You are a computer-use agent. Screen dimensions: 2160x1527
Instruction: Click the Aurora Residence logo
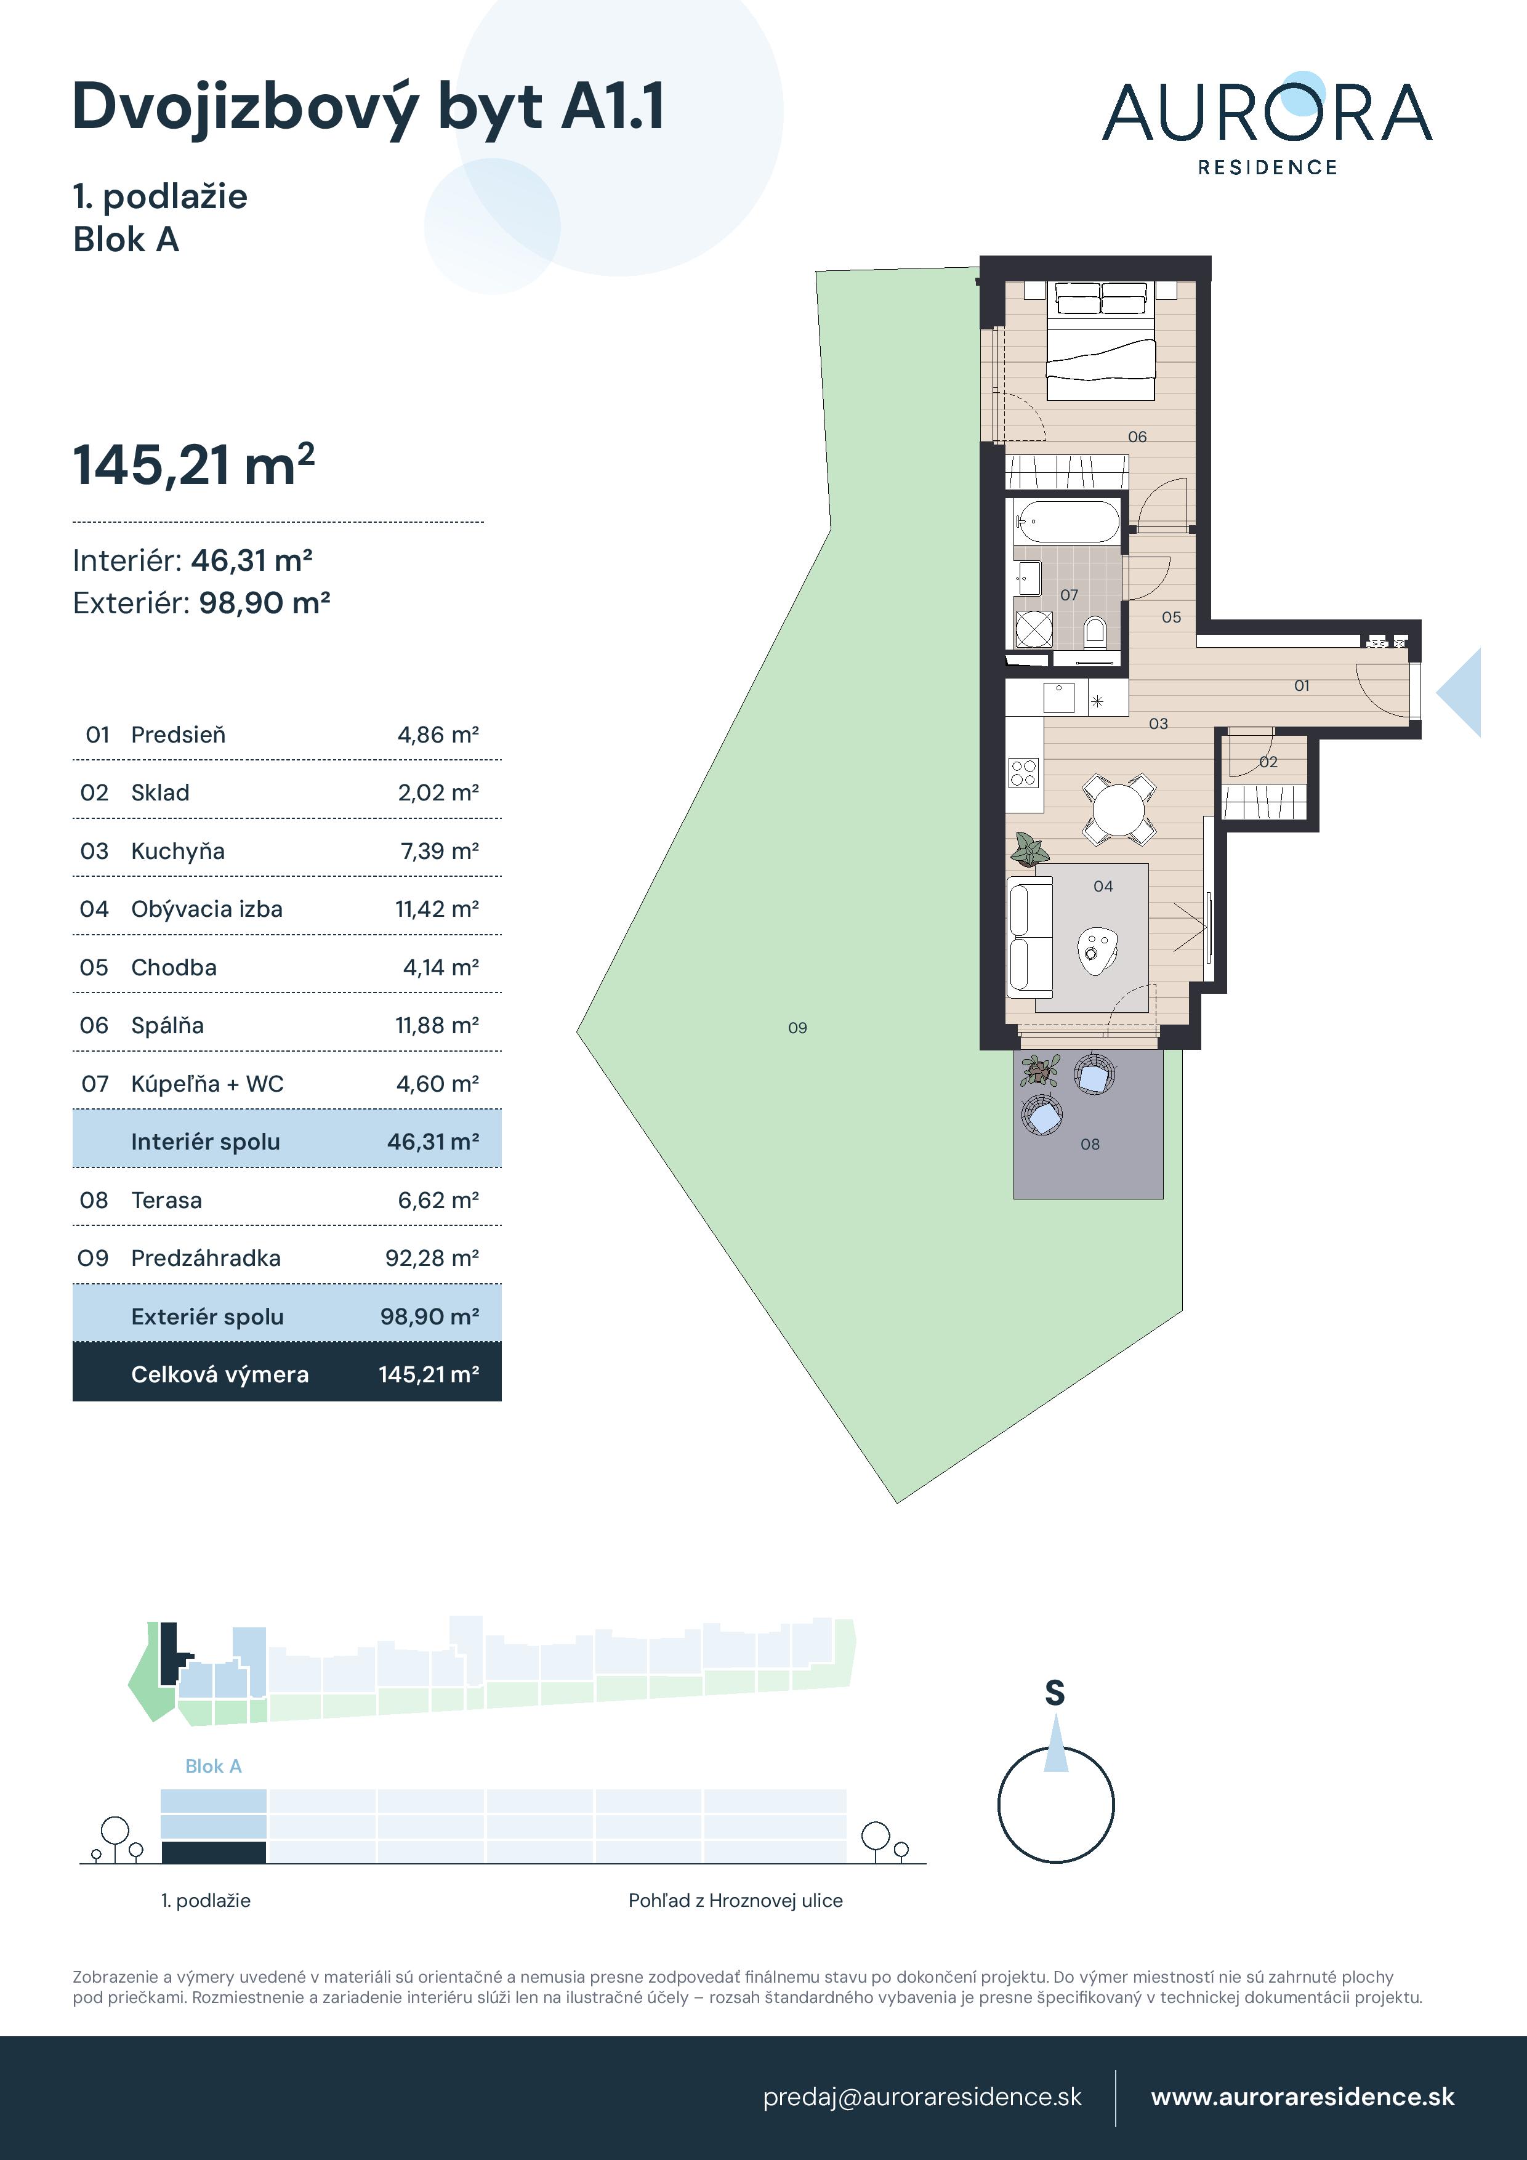(x=1267, y=123)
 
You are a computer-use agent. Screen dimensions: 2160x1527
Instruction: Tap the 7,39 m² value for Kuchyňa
(x=438, y=852)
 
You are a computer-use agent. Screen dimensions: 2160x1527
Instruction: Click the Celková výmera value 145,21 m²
(x=429, y=1374)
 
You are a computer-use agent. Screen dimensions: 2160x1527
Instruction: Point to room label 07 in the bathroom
(x=1069, y=595)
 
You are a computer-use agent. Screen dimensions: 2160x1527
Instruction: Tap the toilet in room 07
(x=1094, y=631)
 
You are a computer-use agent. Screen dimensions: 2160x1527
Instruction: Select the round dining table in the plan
(x=1118, y=808)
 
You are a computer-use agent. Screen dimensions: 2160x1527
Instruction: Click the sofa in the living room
(x=1029, y=937)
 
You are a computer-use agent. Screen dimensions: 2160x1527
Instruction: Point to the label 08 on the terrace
(x=1089, y=1145)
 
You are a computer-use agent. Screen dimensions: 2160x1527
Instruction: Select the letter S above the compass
(x=1055, y=1693)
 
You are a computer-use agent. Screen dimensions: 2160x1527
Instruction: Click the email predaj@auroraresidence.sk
(x=922, y=2097)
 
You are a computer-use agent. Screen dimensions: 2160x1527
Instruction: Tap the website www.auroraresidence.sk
(x=1302, y=2097)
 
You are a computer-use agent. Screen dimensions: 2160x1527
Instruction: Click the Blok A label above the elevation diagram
(x=214, y=1767)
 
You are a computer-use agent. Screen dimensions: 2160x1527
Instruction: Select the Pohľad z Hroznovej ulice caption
(x=735, y=1900)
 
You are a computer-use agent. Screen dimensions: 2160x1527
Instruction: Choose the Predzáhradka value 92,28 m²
(x=432, y=1258)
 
